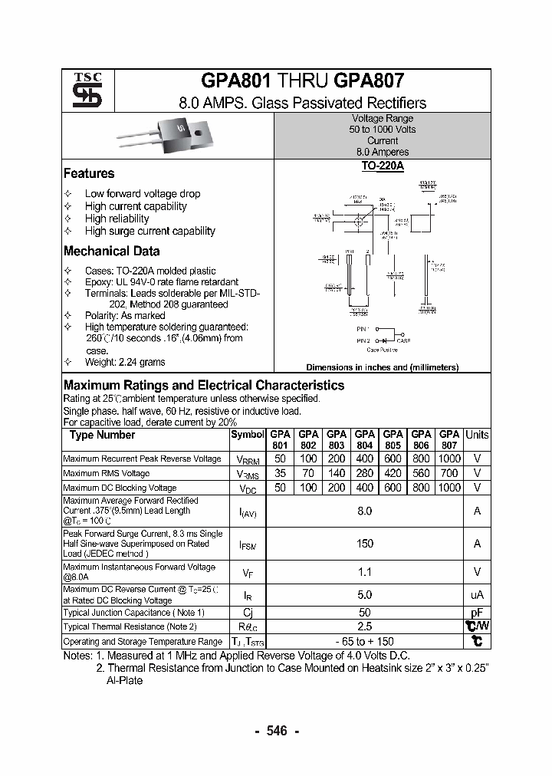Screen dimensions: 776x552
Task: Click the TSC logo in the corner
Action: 82,90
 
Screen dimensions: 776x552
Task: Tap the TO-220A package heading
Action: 382,166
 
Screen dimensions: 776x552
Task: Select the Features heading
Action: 89,173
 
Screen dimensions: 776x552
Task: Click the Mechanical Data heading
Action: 112,251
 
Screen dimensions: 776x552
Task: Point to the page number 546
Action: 276,731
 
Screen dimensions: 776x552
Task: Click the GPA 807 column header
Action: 449,439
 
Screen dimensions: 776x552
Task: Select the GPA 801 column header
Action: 281,439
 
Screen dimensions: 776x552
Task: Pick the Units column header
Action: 477,435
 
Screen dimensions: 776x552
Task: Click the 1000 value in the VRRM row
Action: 449,459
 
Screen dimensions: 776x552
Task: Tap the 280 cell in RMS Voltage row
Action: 365,473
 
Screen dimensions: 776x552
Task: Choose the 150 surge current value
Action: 365,544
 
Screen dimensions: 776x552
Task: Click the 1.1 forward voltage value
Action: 365,571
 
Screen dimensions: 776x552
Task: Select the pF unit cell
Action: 477,613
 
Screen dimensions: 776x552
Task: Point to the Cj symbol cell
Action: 248,613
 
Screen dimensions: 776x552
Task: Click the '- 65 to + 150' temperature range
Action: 365,641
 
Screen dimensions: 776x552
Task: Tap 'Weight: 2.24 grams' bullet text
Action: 125,362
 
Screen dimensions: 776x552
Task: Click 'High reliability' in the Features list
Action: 117,219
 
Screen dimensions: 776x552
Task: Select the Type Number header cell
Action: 102,435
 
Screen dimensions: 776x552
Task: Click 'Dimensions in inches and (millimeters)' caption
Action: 382,367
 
